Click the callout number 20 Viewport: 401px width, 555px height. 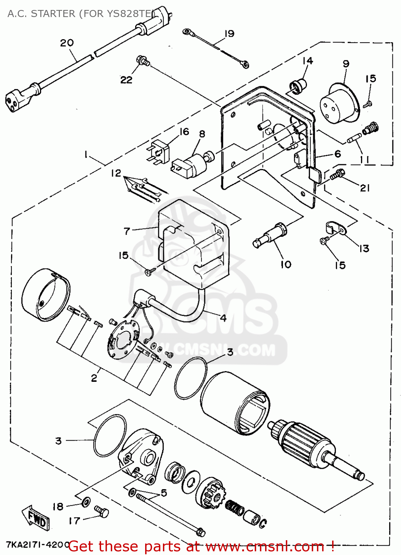tap(67, 43)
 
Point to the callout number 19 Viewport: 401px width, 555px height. tap(230, 34)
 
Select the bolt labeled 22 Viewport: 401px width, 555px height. tap(143, 61)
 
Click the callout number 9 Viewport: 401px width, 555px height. tap(346, 64)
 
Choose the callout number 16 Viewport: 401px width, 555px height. tap(184, 132)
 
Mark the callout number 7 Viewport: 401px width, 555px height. tap(127, 231)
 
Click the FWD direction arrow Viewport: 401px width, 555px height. tap(35, 515)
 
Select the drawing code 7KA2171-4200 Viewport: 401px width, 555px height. tap(37, 545)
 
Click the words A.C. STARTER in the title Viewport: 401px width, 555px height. tap(41, 14)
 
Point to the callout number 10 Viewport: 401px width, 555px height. tap(286, 264)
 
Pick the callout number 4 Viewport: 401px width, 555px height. tap(223, 318)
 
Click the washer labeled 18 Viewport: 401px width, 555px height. tap(86, 502)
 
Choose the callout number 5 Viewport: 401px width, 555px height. tap(164, 492)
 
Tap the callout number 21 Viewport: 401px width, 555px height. tap(365, 188)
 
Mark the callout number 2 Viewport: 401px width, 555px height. tap(94, 378)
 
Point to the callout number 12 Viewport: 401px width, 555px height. tap(116, 173)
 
